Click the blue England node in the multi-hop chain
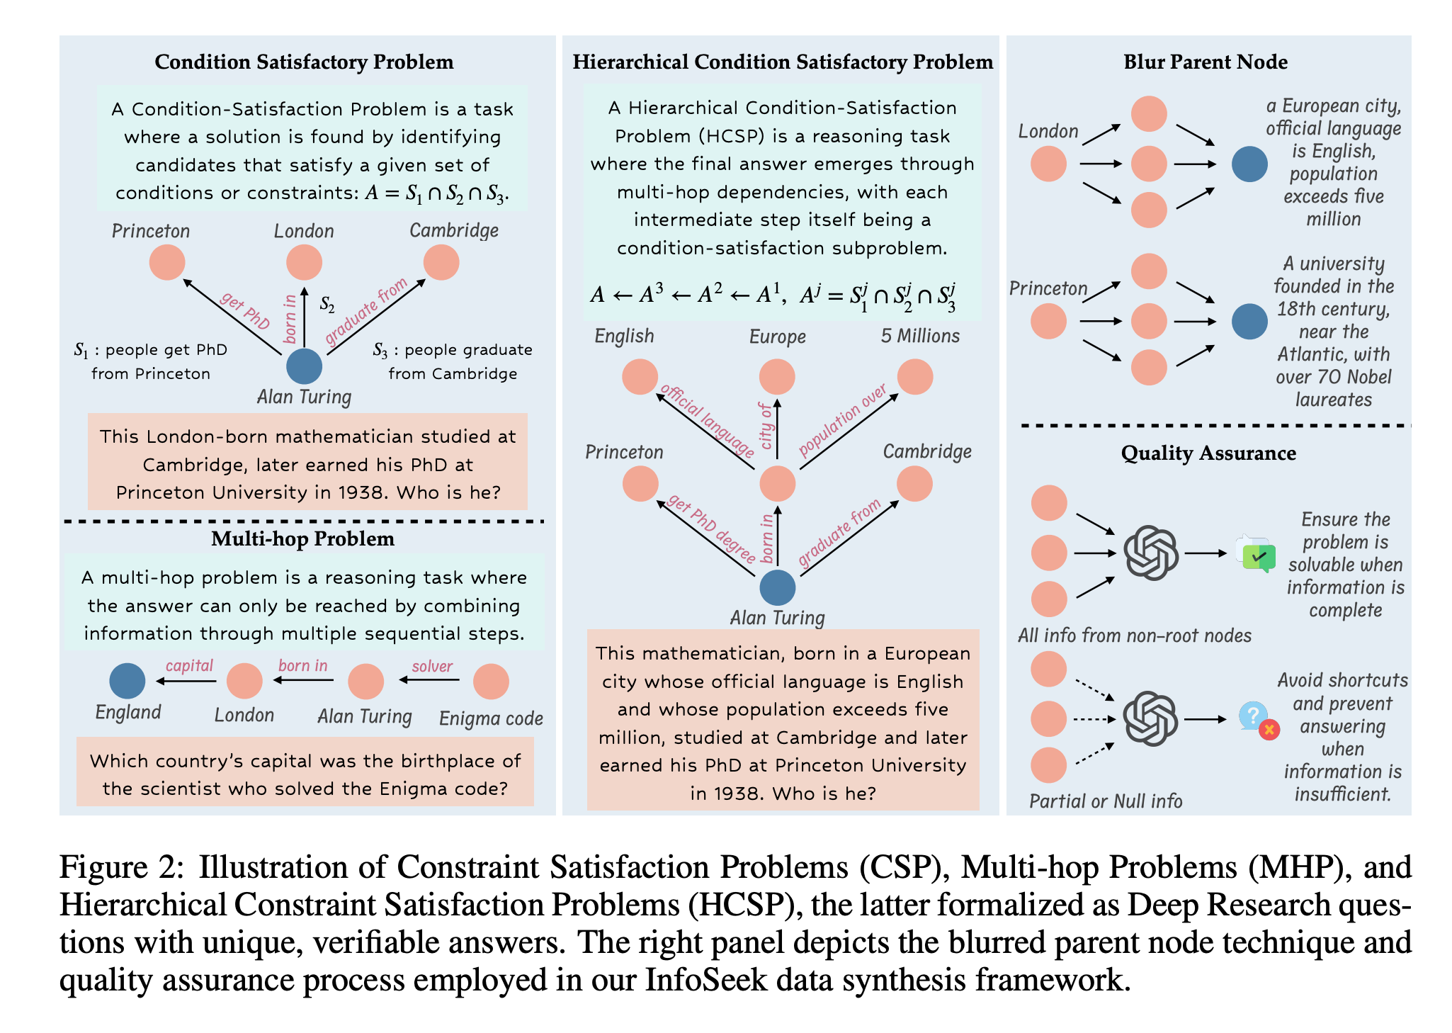[127, 681]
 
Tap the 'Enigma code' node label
[491, 718]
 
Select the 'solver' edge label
[432, 666]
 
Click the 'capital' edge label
[189, 665]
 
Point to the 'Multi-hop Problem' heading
[302, 539]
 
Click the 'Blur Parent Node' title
[1206, 62]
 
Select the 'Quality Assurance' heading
[1208, 453]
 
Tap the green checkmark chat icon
[1258, 556]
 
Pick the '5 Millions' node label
[920, 336]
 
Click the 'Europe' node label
[777, 337]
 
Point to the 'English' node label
[624, 336]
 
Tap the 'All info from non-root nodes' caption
[1134, 636]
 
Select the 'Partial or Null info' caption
[1106, 801]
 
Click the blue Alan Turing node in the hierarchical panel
[777, 587]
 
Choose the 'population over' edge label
[843, 420]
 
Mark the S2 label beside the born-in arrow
[327, 305]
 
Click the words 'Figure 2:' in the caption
[121, 867]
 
